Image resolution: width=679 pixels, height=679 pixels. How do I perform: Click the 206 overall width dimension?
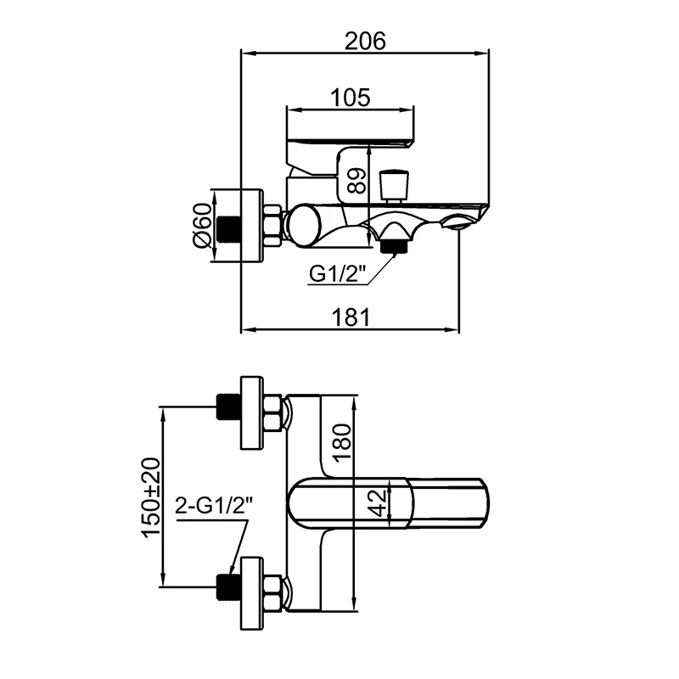click(x=366, y=40)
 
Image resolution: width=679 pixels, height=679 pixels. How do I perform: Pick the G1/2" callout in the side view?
click(x=337, y=273)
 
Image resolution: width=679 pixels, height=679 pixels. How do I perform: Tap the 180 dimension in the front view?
click(x=341, y=440)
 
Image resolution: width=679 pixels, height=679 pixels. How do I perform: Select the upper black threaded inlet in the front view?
click(x=227, y=407)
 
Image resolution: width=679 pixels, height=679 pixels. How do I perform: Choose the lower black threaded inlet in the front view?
click(x=227, y=585)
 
